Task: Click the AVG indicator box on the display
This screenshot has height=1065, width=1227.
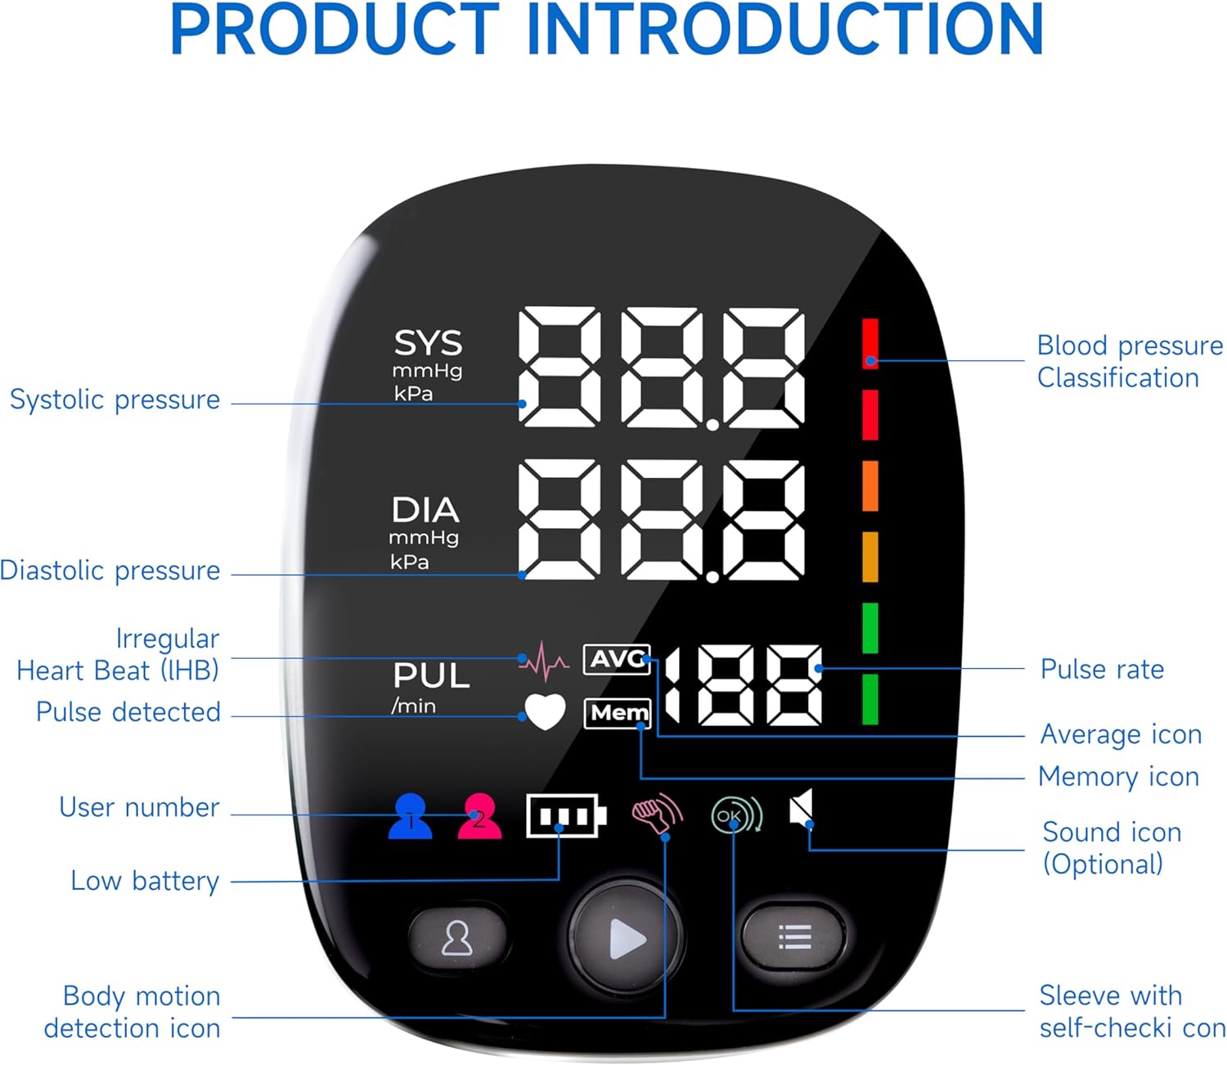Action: click(x=617, y=659)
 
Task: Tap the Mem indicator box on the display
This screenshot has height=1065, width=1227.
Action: click(x=618, y=713)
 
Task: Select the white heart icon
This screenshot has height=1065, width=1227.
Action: click(x=545, y=711)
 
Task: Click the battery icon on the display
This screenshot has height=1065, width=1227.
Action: click(x=565, y=815)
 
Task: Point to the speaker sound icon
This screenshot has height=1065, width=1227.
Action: click(x=802, y=809)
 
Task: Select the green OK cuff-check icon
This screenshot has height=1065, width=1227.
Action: click(x=736, y=815)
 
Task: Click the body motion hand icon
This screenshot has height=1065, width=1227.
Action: click(x=656, y=814)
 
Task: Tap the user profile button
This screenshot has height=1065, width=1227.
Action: click(x=456, y=938)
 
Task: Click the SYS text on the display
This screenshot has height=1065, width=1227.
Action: click(x=428, y=343)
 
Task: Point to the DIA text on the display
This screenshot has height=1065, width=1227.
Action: click(x=425, y=510)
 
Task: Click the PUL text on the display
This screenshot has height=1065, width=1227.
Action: click(x=431, y=676)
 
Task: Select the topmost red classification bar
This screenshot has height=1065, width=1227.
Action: click(x=870, y=343)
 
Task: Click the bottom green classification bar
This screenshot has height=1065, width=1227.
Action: click(x=870, y=699)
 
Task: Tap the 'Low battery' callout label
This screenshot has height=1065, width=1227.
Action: click(x=145, y=881)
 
